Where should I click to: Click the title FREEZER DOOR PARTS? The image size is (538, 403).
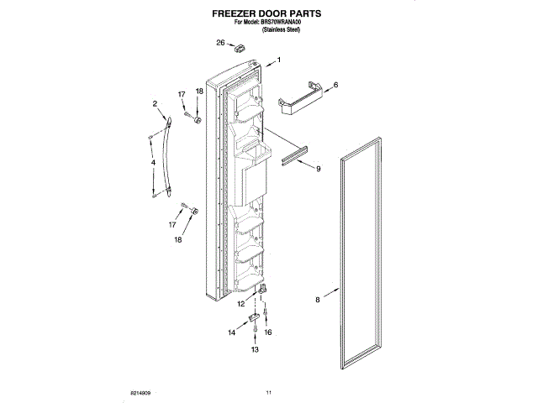[268, 14]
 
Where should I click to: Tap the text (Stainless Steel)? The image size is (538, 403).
[282, 30]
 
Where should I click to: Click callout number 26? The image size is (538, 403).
[221, 43]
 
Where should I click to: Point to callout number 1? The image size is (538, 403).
[278, 59]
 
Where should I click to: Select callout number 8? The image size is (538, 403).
[318, 298]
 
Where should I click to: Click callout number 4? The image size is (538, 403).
[153, 163]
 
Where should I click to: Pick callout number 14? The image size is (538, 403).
[232, 332]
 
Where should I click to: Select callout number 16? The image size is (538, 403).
[268, 332]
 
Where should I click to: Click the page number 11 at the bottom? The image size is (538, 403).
[269, 392]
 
